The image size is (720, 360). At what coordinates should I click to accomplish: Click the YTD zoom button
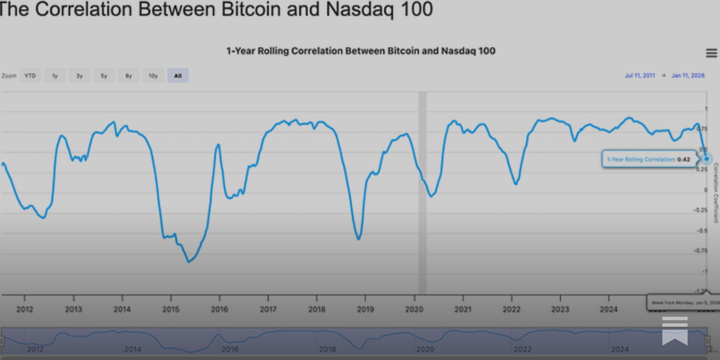point(30,76)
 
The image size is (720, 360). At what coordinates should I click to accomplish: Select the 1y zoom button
point(55,76)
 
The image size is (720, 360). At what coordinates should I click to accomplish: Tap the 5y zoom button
point(104,76)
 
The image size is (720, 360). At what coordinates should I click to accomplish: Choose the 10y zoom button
point(153,76)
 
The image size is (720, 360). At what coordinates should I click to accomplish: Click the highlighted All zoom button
point(178,76)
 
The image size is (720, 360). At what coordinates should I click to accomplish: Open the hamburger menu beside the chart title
point(711,53)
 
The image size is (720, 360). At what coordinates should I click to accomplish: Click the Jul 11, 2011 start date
point(639,76)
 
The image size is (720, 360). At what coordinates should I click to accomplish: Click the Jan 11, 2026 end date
point(688,76)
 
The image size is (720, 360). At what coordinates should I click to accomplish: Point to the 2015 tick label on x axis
point(171,309)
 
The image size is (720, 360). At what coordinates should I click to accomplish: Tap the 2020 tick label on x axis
point(414,309)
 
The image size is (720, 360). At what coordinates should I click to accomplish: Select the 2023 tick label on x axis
point(560,309)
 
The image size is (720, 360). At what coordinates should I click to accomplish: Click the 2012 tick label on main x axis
point(25,309)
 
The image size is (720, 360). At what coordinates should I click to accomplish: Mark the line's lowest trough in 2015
point(189,261)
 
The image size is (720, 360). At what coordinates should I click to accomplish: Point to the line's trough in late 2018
point(359,238)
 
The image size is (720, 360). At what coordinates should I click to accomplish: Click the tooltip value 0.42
point(684,159)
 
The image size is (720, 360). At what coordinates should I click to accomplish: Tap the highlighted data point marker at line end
point(706,159)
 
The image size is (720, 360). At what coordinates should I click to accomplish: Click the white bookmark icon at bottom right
point(675,331)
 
